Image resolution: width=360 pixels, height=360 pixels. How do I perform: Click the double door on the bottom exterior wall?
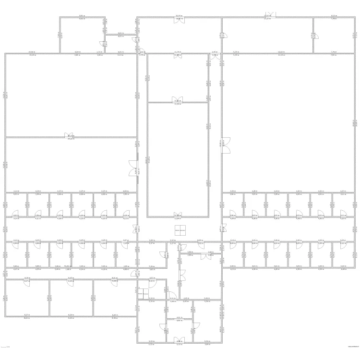179,340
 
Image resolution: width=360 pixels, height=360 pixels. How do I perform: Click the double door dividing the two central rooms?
178,100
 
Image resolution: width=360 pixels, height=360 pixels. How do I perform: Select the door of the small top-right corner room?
313,35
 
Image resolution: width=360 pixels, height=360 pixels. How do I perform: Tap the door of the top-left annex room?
106,23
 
